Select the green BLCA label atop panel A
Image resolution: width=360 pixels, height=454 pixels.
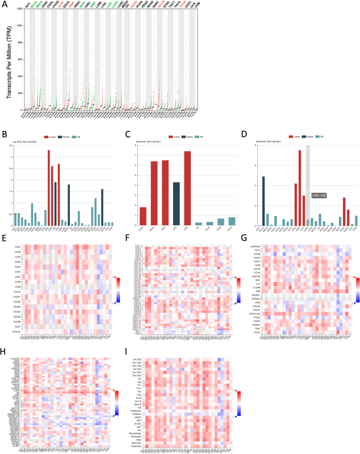point(33,6)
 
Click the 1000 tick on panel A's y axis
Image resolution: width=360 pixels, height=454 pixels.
point(19,26)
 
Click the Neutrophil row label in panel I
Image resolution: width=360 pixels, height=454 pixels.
point(142,446)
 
